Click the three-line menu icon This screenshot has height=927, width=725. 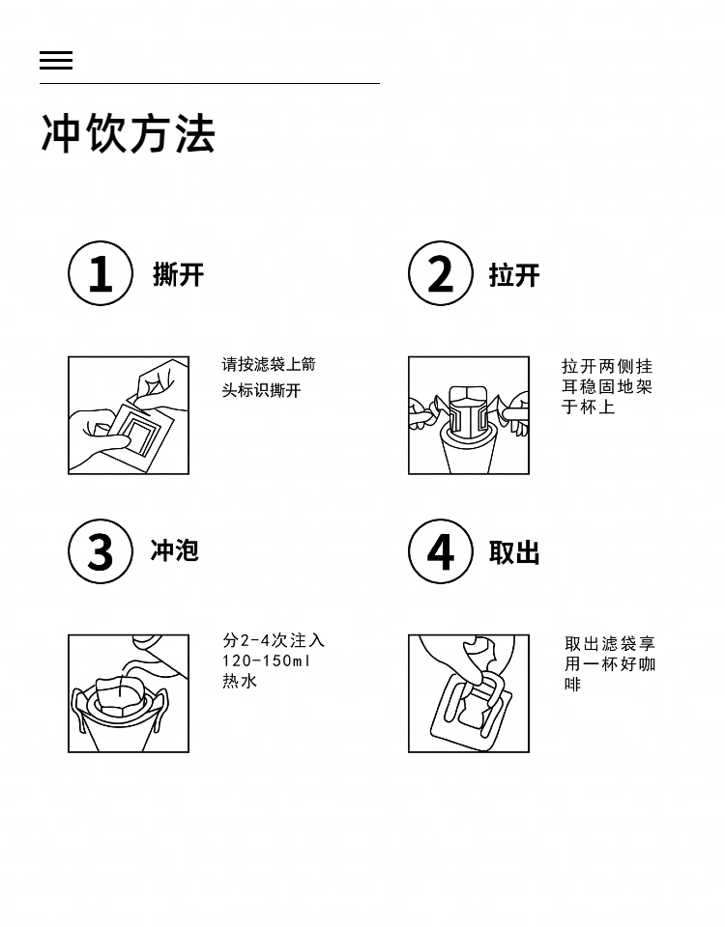(56, 60)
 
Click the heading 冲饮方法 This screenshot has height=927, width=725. (128, 133)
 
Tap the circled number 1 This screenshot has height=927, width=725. (100, 273)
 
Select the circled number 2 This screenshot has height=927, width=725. (441, 273)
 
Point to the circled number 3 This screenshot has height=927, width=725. (100, 551)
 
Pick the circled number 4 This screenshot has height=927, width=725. (441, 551)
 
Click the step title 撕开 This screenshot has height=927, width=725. (178, 275)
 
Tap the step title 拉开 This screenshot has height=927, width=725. (514, 275)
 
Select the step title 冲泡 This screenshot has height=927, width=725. (175, 550)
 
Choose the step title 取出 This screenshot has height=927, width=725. (514, 552)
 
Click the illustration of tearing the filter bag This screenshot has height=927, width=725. (129, 415)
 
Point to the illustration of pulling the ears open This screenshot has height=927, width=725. (469, 415)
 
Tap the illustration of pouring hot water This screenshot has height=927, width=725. (129, 693)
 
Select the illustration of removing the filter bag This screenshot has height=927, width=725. (469, 693)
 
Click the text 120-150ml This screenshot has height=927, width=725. (267, 660)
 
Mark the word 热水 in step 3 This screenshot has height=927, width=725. (240, 681)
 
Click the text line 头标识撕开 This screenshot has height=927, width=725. (262, 390)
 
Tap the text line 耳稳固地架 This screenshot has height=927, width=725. (607, 386)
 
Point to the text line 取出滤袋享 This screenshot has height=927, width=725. (610, 643)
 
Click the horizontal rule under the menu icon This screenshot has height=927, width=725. (210, 83)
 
